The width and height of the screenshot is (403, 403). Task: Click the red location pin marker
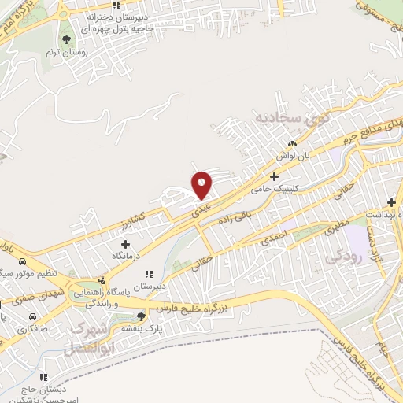(x=202, y=185)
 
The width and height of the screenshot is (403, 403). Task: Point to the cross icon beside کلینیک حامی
(x=274, y=177)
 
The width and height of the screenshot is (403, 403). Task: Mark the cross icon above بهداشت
(x=390, y=203)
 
